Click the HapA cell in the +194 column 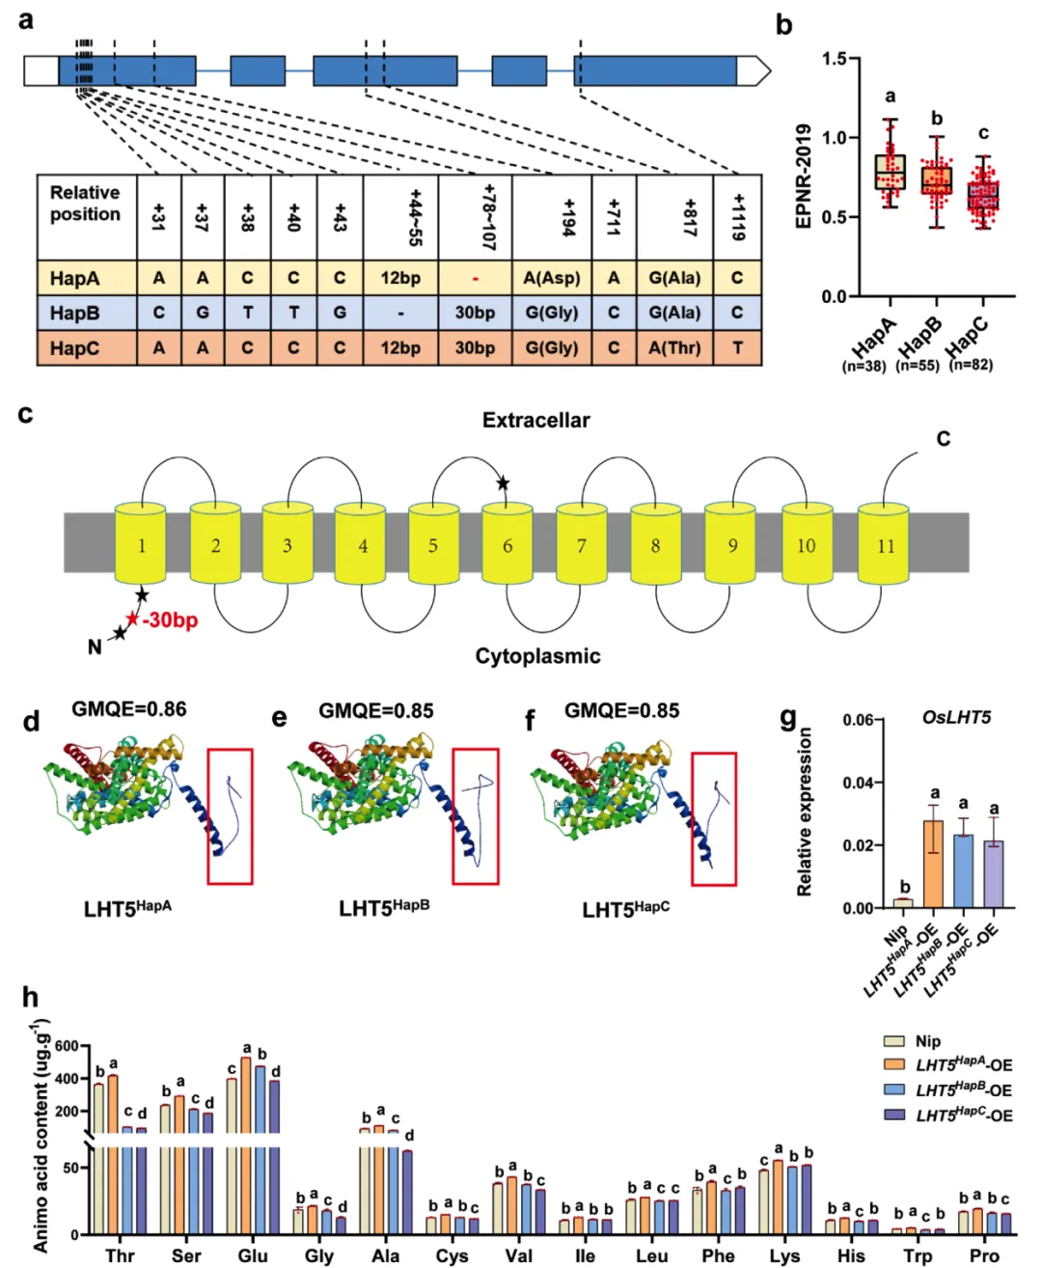tap(551, 278)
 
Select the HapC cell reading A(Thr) tap(674, 347)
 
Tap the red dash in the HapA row tap(475, 278)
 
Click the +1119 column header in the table tap(738, 217)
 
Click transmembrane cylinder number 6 tap(507, 543)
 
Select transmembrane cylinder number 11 tap(883, 543)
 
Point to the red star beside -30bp tap(132, 618)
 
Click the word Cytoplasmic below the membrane tap(537, 655)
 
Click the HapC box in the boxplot tap(983, 195)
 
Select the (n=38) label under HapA tap(864, 366)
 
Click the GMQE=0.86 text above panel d tap(129, 709)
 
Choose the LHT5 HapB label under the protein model tap(384, 907)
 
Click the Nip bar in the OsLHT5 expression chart tap(903, 903)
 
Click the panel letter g tap(787, 719)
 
